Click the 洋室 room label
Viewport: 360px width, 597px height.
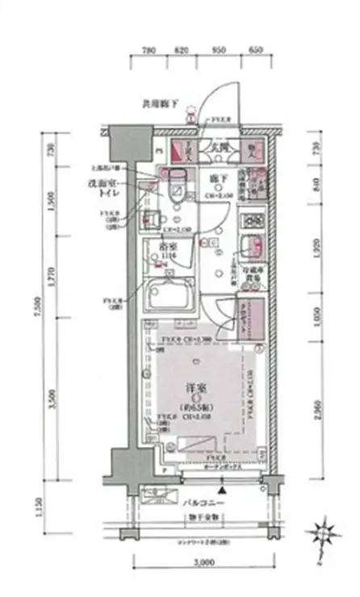[x=190, y=386]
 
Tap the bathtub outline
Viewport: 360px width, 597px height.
[x=167, y=298]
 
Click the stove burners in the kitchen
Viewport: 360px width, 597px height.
[x=251, y=219]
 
